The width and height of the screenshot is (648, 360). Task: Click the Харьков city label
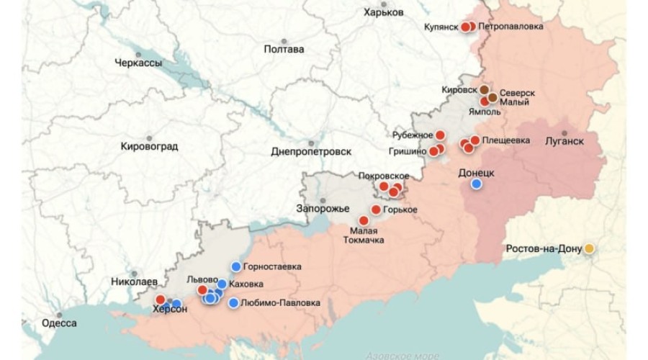384,12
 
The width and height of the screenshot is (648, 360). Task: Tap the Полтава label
284,50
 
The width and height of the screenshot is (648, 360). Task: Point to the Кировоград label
149,147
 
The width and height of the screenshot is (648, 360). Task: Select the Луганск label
564,140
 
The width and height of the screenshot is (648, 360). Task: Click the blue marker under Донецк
476,184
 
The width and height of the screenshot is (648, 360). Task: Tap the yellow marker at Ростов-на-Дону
589,248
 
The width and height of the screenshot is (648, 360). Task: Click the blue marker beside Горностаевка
235,266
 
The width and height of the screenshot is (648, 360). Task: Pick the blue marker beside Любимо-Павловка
233,302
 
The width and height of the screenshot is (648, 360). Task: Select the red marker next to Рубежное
440,135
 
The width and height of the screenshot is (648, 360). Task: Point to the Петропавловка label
511,27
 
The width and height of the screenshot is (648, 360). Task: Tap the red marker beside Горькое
375,210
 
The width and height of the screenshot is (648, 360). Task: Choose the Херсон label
171,310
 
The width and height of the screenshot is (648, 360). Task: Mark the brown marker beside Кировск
485,89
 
